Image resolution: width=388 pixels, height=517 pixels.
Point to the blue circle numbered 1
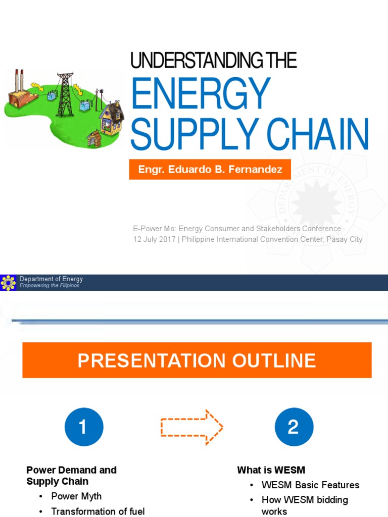click(x=84, y=428)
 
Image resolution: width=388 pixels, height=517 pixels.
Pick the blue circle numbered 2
click(x=294, y=428)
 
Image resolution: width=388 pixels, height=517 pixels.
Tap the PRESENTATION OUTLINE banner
click(x=197, y=360)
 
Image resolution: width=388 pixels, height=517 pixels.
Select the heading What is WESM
click(x=271, y=470)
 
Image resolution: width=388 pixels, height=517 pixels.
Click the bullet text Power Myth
click(x=76, y=496)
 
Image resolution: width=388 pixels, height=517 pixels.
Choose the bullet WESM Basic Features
click(x=310, y=485)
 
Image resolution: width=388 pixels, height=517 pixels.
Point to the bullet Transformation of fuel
click(x=98, y=511)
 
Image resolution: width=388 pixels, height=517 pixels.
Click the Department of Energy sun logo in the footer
click(x=8, y=282)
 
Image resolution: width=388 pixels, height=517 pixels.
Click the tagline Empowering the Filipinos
click(x=50, y=286)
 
